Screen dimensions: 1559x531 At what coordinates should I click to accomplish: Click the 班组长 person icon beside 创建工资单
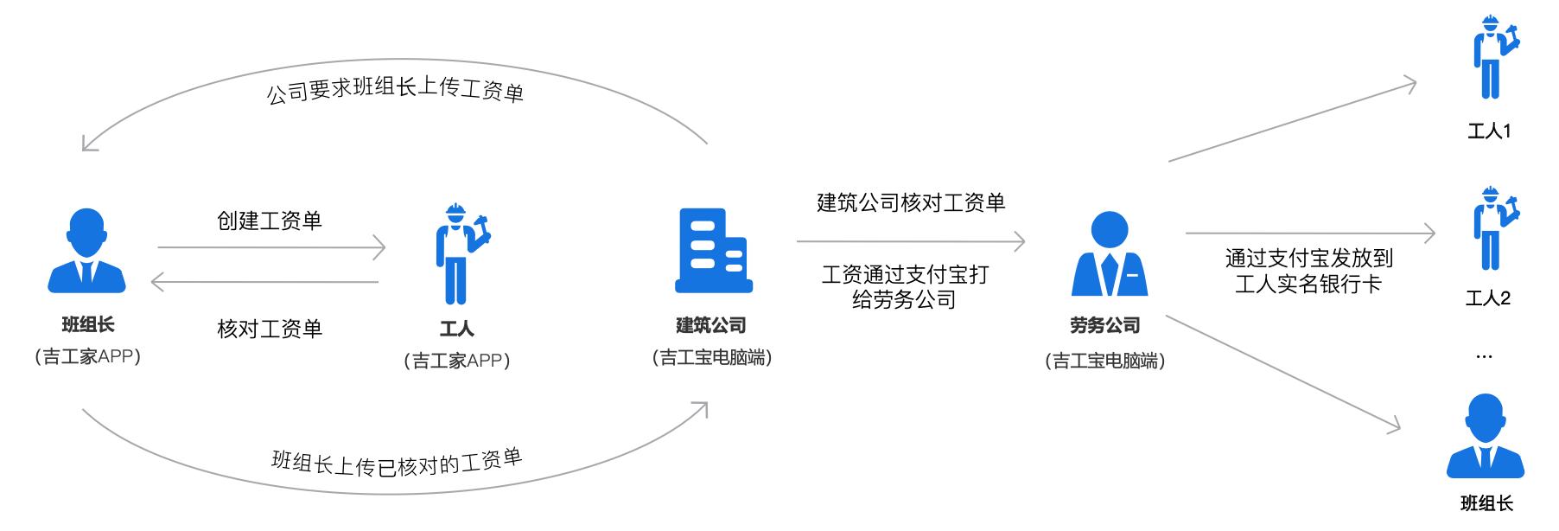[87, 250]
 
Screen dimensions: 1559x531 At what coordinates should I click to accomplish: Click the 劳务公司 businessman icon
[1109, 254]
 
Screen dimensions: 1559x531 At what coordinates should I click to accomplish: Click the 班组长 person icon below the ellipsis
[1486, 436]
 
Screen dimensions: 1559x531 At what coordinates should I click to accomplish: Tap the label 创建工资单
[270, 221]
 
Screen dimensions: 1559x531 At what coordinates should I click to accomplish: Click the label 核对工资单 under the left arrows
[270, 329]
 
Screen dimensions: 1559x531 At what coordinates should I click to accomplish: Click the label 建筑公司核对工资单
[911, 202]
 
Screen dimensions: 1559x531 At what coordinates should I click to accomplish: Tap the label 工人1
[1489, 131]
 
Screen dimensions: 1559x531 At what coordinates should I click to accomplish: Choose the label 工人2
[1488, 298]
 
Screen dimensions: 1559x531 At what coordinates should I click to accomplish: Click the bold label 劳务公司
[1105, 326]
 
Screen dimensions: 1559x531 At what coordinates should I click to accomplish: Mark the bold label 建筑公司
[710, 325]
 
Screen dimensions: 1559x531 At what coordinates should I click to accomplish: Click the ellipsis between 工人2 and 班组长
[1485, 357]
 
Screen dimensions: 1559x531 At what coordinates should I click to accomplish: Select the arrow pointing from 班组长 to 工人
[271, 248]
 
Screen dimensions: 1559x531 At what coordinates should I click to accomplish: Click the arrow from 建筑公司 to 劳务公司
[911, 241]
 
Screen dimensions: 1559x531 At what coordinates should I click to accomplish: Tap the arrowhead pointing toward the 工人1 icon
[1409, 85]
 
